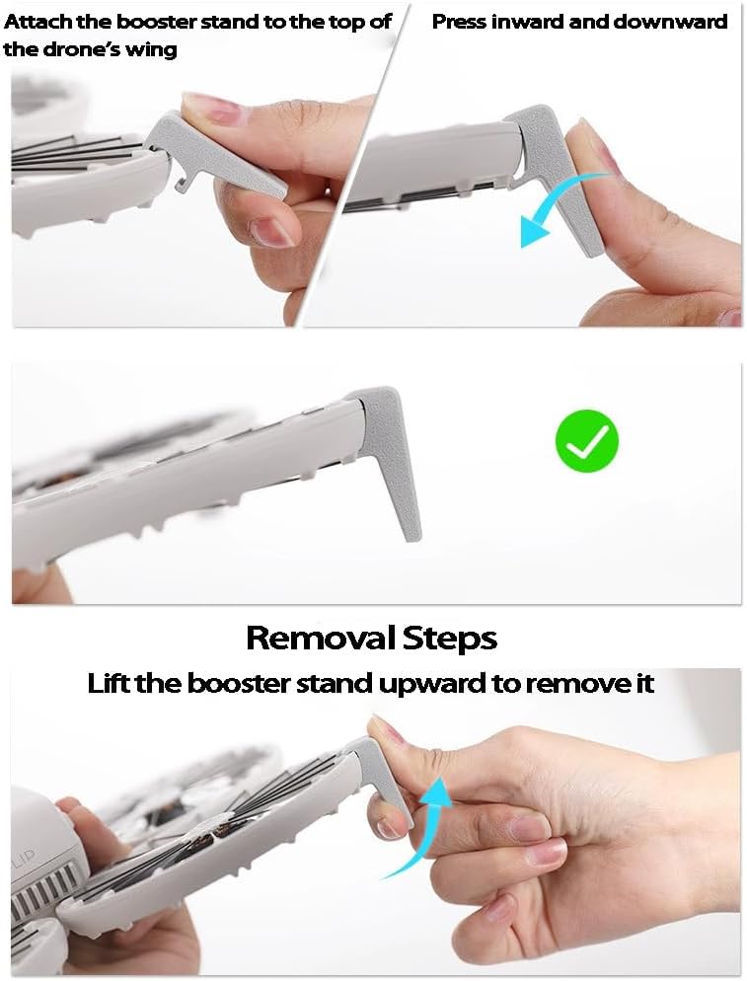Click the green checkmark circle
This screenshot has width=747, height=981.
(587, 441)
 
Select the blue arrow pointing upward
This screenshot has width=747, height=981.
(425, 826)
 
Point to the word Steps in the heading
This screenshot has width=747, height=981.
(450, 640)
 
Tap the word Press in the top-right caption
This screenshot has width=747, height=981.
(459, 22)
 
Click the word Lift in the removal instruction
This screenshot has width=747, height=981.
(109, 683)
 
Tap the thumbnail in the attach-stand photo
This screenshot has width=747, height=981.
(209, 108)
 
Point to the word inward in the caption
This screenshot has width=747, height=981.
(527, 22)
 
